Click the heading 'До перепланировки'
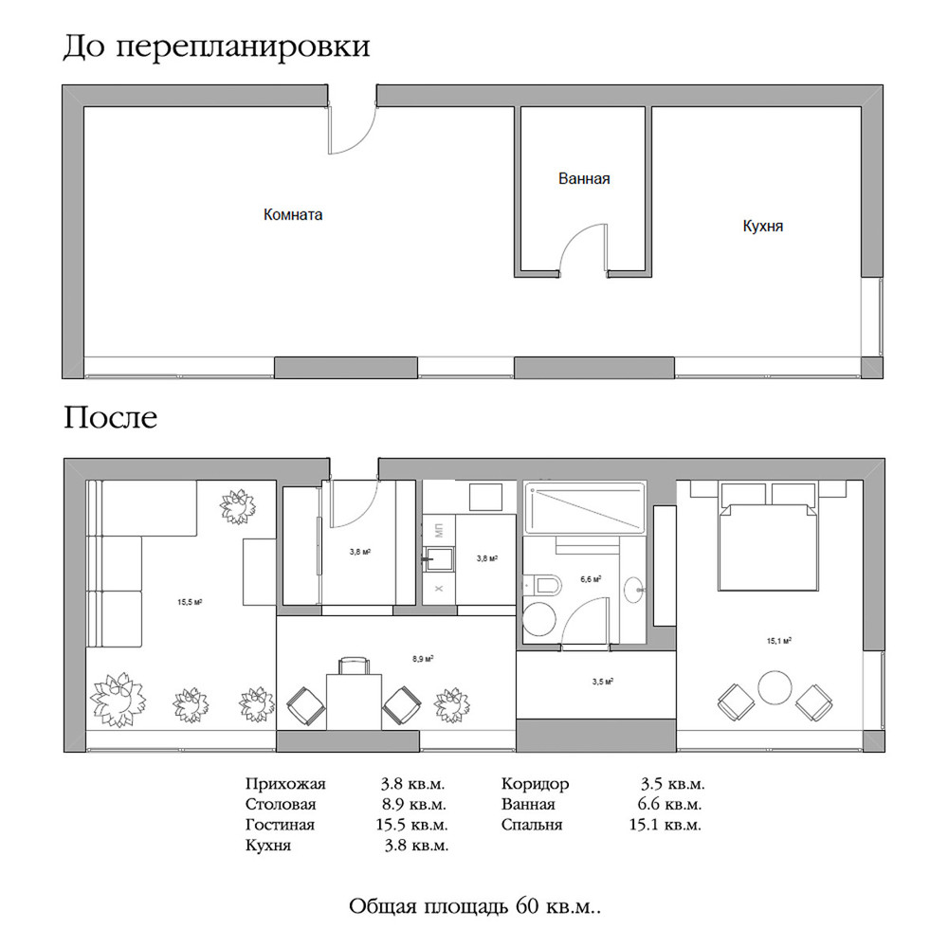click(x=216, y=47)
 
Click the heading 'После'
click(x=110, y=417)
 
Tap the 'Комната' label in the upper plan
click(x=293, y=215)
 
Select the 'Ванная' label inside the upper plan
click(x=584, y=178)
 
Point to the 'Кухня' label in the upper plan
click(x=763, y=228)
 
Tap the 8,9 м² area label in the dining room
click(x=423, y=658)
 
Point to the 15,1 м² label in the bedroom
click(x=779, y=641)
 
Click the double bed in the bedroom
click(x=767, y=545)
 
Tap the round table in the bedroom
click(x=774, y=687)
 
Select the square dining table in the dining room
click(x=353, y=700)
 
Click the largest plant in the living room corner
click(x=118, y=699)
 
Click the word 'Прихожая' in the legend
click(x=284, y=784)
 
